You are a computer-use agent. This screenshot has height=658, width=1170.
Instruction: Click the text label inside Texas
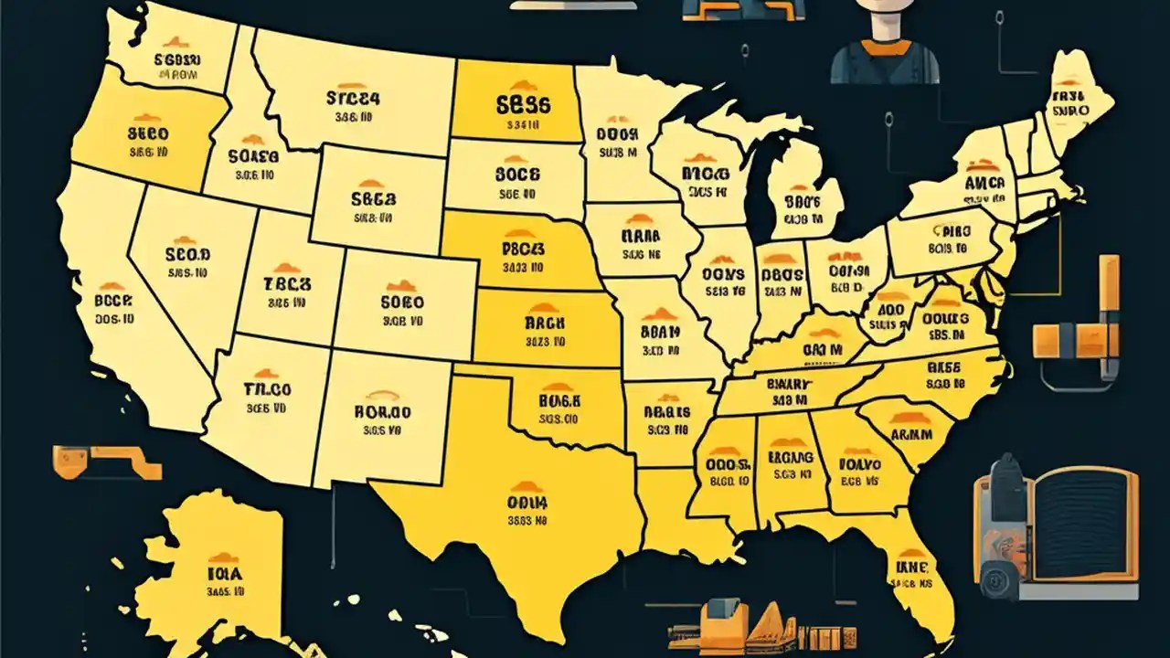(526, 503)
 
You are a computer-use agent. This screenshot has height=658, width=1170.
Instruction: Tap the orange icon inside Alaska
(222, 557)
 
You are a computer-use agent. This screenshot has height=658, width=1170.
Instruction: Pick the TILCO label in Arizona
(267, 388)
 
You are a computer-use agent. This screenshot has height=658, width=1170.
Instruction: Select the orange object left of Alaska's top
(105, 462)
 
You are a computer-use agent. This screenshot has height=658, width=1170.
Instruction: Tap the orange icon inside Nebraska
(521, 234)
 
